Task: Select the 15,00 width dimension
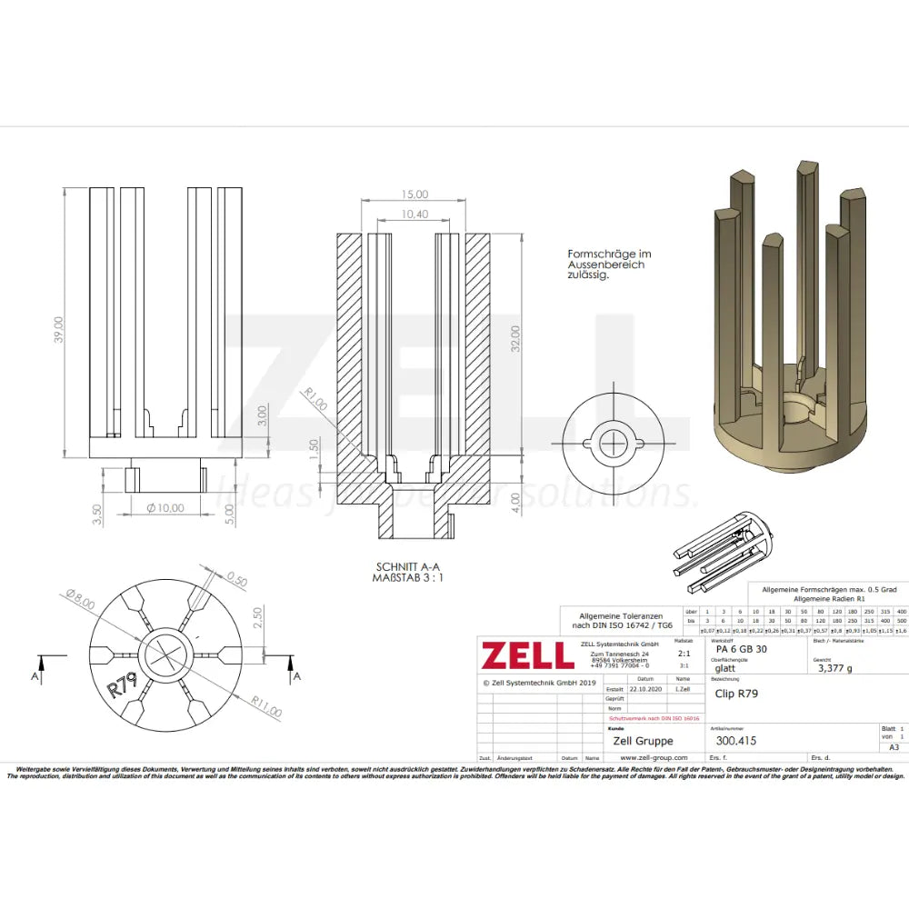[415, 194]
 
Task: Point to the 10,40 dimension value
[415, 214]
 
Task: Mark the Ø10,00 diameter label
[165, 507]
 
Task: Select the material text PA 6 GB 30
[741, 649]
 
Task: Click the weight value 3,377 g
[835, 667]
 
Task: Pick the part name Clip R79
[737, 694]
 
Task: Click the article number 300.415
[736, 740]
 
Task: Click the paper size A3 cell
[893, 747]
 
